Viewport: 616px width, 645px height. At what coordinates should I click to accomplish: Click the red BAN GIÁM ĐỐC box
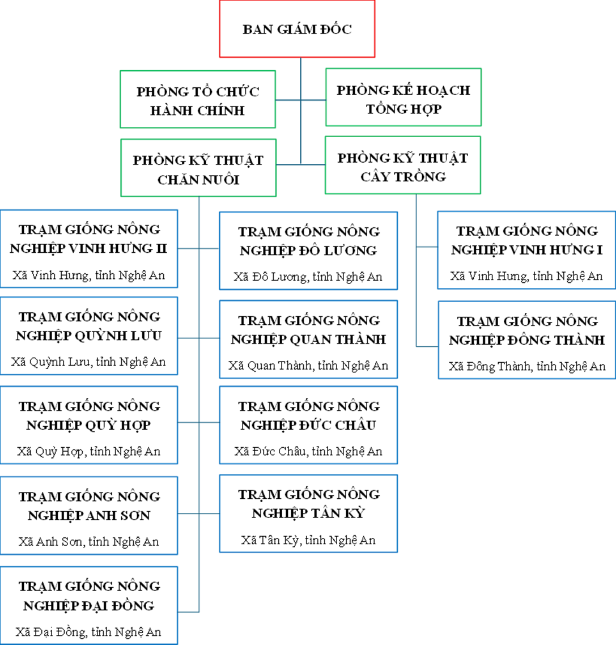297,29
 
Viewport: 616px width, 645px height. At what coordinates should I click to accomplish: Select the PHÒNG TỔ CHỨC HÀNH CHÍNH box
198,99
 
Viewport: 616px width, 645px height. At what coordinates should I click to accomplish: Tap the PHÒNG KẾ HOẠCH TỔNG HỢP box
403,97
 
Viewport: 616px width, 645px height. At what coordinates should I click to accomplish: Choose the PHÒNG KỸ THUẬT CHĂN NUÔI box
198,168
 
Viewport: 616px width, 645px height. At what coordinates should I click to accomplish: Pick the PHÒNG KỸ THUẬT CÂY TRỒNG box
403,165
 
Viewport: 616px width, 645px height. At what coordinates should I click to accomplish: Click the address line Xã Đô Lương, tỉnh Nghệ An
308,277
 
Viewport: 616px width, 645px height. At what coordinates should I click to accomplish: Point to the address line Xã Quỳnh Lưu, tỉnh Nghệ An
88,362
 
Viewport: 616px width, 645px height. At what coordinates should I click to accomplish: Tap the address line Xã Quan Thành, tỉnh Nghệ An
308,365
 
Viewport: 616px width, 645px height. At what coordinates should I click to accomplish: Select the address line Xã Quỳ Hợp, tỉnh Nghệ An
89,451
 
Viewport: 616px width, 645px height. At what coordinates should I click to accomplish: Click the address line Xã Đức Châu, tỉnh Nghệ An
308,451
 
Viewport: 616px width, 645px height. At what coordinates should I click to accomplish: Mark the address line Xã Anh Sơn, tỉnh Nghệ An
89,542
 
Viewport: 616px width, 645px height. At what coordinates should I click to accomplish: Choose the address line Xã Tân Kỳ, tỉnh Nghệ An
308,540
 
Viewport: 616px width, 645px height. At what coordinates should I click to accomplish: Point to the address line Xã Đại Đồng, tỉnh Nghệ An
88,631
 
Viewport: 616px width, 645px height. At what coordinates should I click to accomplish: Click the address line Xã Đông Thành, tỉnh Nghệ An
527,366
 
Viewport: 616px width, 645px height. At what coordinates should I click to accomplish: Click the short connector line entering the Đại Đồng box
188,612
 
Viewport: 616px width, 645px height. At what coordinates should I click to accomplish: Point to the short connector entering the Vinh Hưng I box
427,247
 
